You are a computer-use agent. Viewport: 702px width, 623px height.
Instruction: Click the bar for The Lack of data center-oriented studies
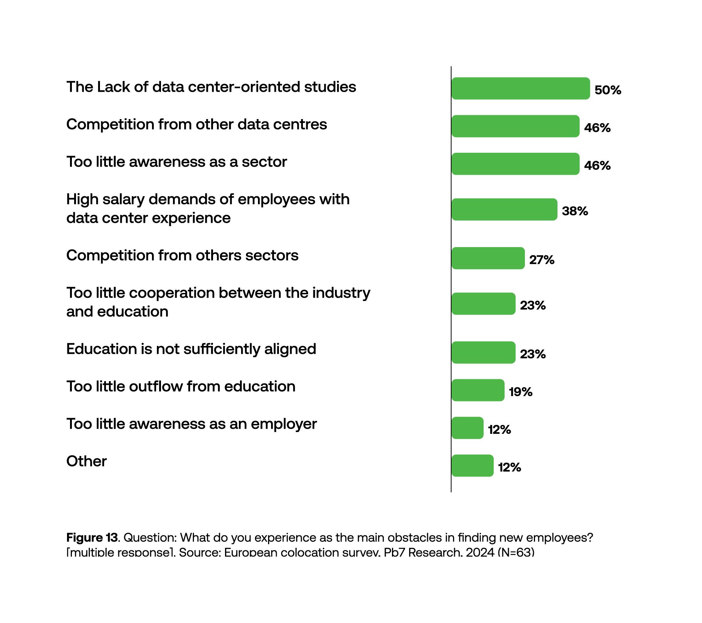[520, 88]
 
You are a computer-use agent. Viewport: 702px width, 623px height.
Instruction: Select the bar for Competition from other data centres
[515, 126]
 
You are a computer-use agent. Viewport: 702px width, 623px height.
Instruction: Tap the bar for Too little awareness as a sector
[515, 164]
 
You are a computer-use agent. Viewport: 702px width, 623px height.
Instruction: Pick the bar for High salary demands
[504, 209]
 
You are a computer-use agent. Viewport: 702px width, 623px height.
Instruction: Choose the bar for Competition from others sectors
[488, 258]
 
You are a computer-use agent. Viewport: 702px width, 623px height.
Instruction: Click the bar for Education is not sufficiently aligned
[483, 352]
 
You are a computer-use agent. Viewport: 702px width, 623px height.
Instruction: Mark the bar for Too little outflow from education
[478, 390]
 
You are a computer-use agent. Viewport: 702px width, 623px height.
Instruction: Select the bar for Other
[472, 465]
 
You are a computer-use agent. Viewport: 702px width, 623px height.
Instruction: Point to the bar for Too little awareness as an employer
[467, 428]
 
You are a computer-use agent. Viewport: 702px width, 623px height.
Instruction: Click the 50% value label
[608, 90]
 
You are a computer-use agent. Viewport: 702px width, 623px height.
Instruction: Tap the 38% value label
[575, 211]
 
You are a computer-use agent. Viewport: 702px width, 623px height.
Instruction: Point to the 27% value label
[541, 259]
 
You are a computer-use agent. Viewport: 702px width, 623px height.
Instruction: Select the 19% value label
[520, 392]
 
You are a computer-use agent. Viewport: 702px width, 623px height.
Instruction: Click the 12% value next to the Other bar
[509, 467]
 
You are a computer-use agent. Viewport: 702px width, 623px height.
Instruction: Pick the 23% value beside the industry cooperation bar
[532, 305]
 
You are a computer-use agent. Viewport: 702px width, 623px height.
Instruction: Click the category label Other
[86, 461]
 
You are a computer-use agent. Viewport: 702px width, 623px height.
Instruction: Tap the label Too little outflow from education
[181, 386]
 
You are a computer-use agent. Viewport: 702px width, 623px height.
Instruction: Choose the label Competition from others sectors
[182, 255]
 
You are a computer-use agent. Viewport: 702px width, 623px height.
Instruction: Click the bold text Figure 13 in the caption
[92, 538]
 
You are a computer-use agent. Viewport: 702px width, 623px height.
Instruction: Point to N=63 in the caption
[516, 552]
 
